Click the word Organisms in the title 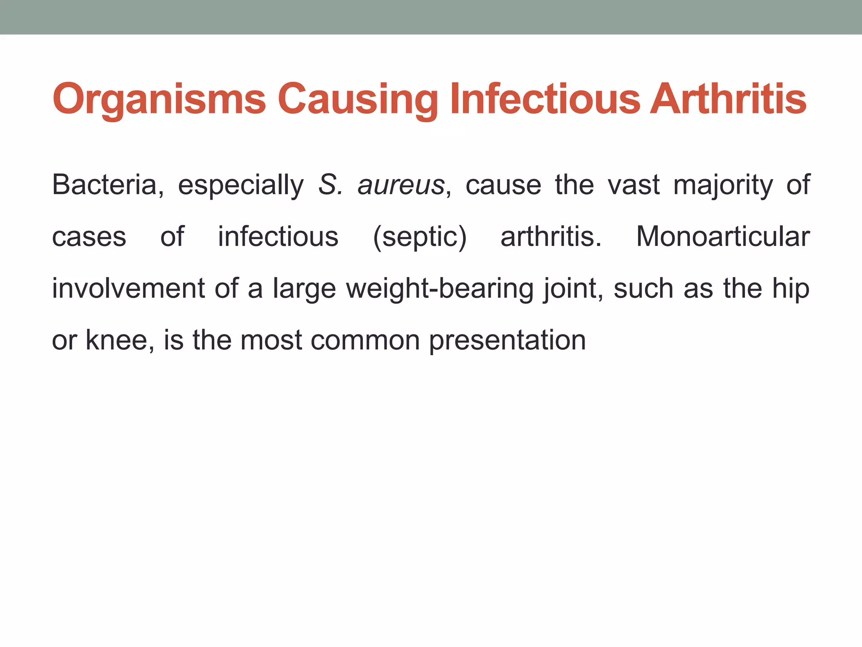pos(159,99)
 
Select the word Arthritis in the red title pos(728,99)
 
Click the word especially pos(241,185)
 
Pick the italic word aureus pos(401,185)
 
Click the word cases pos(89,237)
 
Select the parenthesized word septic pos(420,237)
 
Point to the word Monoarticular pos(723,237)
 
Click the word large pos(304,289)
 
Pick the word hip pos(791,289)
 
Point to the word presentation pos(507,341)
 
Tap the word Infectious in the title pos(545,99)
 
